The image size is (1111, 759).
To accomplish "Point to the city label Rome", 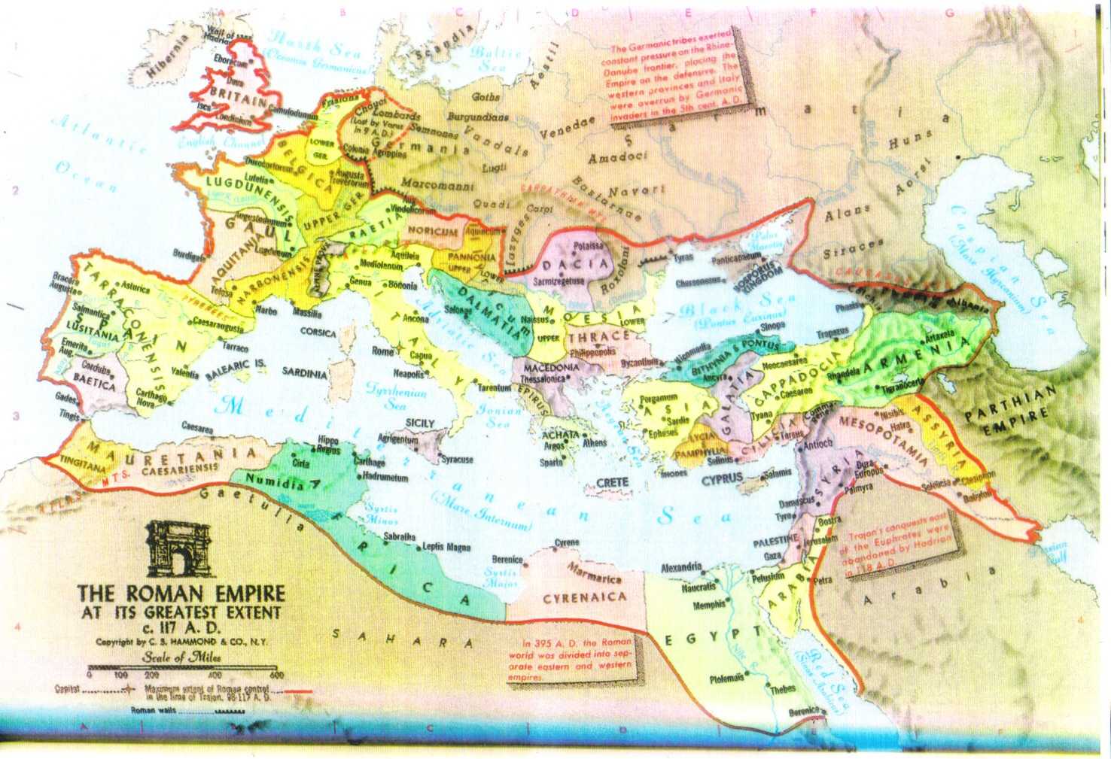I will pyautogui.click(x=382, y=351).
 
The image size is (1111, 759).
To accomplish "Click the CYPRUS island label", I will pyautogui.click(x=723, y=478).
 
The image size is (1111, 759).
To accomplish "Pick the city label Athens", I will pyautogui.click(x=594, y=443).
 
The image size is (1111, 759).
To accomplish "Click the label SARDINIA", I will pyautogui.click(x=304, y=372).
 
